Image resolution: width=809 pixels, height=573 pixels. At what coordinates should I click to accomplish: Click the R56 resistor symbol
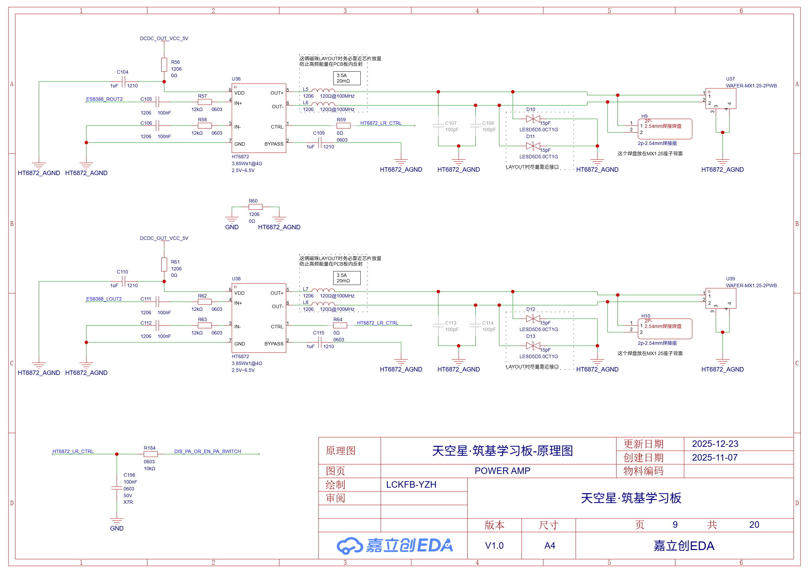coord(164,65)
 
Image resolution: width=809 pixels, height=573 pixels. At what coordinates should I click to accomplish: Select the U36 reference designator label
coord(236,79)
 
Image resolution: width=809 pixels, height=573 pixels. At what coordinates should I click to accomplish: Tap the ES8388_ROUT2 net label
coord(104,99)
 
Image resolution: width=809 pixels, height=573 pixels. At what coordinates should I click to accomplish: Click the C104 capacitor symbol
coord(123,82)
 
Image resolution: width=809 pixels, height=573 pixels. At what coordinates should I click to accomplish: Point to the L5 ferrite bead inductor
coord(323,91)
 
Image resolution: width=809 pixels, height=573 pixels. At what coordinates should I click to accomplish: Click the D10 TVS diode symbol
coord(533,119)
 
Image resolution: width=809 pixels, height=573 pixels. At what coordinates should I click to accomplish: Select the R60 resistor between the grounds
coord(255,207)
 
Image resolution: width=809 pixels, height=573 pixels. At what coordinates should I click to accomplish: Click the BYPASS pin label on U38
coord(274,344)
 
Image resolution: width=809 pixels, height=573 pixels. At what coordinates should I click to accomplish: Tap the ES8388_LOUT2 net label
coord(104,299)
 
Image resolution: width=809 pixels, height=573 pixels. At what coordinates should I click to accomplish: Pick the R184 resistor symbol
coord(151,454)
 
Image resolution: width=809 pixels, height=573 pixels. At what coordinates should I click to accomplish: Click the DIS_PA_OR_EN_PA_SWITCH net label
coord(207,451)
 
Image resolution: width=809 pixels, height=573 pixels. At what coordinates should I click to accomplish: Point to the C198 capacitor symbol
coord(117,488)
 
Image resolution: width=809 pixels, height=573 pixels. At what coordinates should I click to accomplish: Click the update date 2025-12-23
coord(715,444)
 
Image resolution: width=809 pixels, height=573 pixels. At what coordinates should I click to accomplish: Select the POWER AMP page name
coord(502,471)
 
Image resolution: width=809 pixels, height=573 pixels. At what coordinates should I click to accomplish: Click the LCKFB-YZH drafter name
coord(411,485)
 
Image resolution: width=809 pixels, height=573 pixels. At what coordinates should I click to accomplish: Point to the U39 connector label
coord(730,279)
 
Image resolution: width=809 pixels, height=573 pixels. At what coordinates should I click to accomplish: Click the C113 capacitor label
coord(450,323)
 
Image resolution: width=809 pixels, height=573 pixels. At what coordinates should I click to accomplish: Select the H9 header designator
coord(644,116)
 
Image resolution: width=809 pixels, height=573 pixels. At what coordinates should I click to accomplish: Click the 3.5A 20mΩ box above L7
coord(347,278)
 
